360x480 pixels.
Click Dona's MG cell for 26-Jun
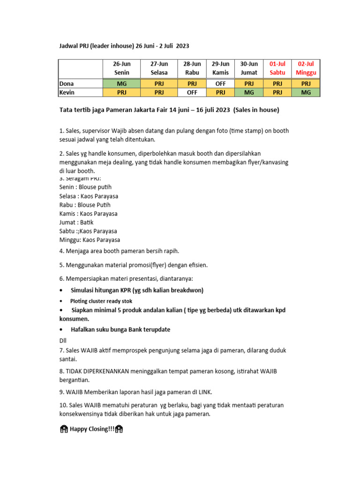click(121, 84)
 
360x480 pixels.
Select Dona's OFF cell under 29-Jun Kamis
click(220, 84)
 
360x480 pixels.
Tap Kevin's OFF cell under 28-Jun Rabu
click(192, 92)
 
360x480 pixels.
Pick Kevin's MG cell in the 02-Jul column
click(306, 92)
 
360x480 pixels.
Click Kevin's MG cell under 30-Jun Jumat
click(249, 92)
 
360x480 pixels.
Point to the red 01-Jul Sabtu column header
click(277, 68)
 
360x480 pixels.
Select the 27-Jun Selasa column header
click(159, 68)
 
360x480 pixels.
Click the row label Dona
click(67, 84)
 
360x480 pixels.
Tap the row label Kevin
click(67, 92)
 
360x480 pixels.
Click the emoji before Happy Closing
click(64, 429)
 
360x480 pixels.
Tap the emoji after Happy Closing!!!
click(119, 429)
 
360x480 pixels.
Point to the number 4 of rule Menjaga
click(61, 251)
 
